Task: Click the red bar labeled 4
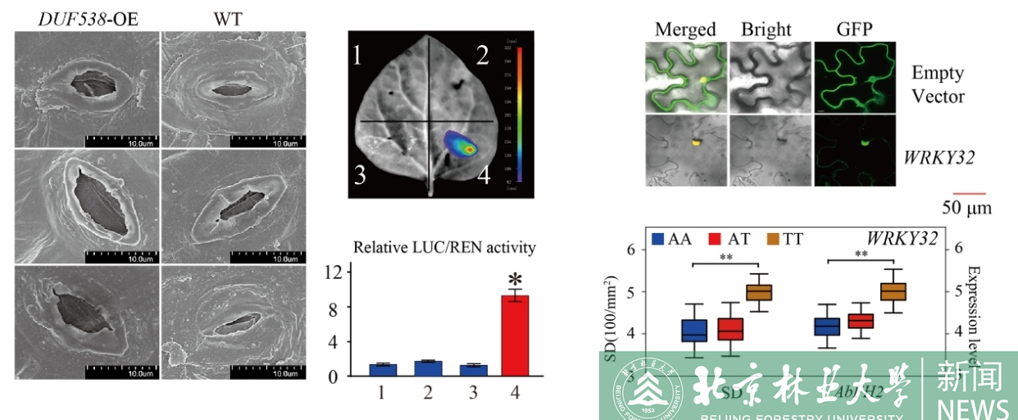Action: point(515,336)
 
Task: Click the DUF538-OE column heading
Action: point(88,18)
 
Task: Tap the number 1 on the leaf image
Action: point(358,56)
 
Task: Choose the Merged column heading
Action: point(685,30)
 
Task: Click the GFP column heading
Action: point(854,30)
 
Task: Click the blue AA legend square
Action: point(657,240)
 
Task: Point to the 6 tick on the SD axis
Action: point(630,249)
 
